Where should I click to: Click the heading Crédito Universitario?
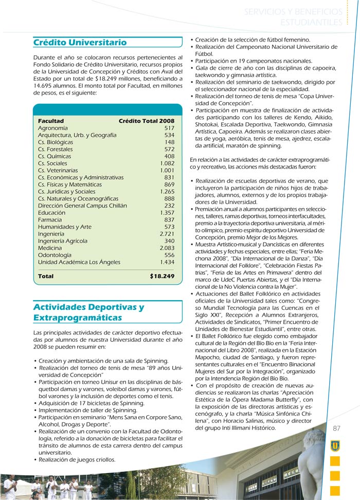click(x=80, y=42)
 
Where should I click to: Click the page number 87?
click(x=337, y=429)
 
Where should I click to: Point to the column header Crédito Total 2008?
click(x=147, y=121)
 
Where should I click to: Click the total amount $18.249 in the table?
click(x=162, y=276)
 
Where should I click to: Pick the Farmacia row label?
click(x=50, y=220)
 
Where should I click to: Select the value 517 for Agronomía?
click(x=169, y=128)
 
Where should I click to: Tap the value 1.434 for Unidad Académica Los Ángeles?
click(x=167, y=262)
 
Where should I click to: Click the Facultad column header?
click(x=51, y=121)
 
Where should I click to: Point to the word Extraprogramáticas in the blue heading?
click(x=78, y=318)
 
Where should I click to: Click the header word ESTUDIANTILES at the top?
click(x=311, y=22)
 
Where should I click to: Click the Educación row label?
click(x=51, y=213)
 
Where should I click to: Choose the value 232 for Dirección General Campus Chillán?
click(x=169, y=206)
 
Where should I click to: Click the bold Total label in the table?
click(x=46, y=276)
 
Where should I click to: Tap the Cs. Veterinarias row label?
click(x=58, y=171)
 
